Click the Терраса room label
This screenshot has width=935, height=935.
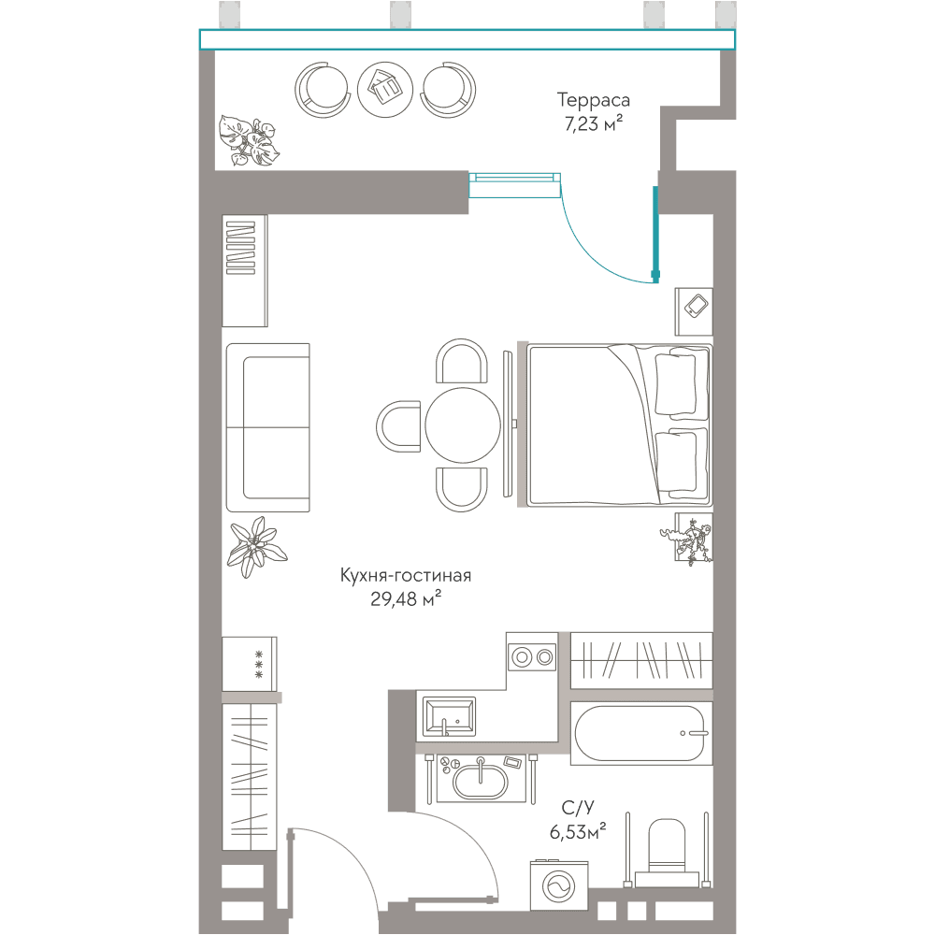tap(594, 100)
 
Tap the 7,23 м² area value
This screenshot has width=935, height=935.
tap(594, 123)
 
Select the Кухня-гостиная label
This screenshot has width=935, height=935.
tap(406, 575)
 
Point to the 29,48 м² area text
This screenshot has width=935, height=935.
tap(406, 598)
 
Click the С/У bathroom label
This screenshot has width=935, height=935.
tap(578, 808)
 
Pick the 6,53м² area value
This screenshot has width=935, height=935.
tap(578, 830)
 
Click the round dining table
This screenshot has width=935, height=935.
tap(463, 425)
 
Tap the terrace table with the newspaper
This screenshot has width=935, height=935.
tap(385, 90)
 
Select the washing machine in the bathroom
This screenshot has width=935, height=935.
tap(559, 885)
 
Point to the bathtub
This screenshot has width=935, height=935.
tap(641, 733)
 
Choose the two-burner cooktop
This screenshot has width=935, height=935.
tap(532, 657)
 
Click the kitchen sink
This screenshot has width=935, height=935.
tap(449, 717)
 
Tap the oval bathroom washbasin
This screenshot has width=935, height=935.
tap(480, 782)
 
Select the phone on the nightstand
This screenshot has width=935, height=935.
tap(696, 306)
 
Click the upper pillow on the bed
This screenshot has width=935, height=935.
tap(676, 383)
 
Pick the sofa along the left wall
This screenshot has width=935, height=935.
tap(267, 427)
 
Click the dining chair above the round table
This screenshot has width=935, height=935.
tap(462, 361)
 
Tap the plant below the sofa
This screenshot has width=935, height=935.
tap(256, 546)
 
